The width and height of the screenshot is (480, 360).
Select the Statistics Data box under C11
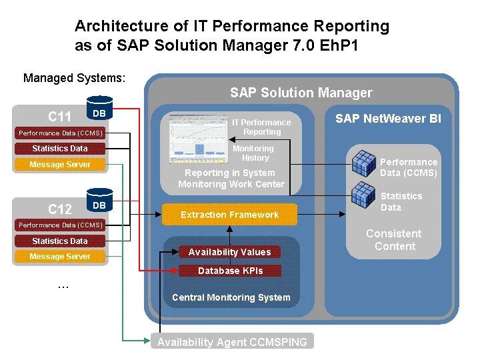coord(60,149)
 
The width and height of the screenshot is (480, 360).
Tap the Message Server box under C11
coord(60,165)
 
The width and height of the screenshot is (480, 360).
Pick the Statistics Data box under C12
coord(60,241)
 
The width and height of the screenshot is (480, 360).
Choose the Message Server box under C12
coord(60,257)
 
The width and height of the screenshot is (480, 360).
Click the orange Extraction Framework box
coord(230,215)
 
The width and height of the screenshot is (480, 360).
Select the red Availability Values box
coord(230,252)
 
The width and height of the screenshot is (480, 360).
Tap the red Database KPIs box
coord(230,271)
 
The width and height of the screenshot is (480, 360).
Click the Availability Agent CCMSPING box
coord(232,342)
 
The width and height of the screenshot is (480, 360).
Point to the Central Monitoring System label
coord(231,297)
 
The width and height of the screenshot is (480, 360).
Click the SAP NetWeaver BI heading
coord(388,119)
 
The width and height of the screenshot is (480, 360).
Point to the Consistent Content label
coord(394,240)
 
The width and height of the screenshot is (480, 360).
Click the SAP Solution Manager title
coord(301,93)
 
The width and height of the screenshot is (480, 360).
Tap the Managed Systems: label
coord(74,78)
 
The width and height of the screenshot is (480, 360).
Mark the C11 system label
coord(60,117)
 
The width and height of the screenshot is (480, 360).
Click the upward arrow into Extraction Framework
coord(230,233)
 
